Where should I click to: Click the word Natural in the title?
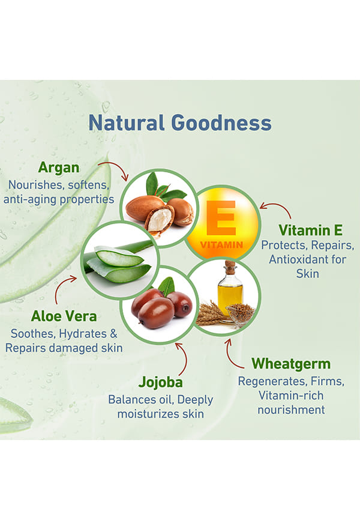pyautogui.click(x=126, y=122)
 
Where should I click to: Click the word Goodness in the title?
pyautogui.click(x=221, y=122)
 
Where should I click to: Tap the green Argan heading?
pyautogui.click(x=59, y=168)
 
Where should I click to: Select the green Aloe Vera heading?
pyautogui.click(x=64, y=316)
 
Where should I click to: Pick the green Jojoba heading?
pyautogui.click(x=160, y=382)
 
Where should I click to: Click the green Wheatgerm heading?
pyautogui.click(x=291, y=364)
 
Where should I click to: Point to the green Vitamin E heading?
pyautogui.click(x=310, y=230)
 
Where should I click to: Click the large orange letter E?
pyautogui.click(x=221, y=218)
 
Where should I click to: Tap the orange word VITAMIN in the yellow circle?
pyautogui.click(x=221, y=245)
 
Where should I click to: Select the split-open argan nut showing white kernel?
pyautogui.click(x=160, y=219)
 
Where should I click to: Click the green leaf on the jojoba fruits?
pyautogui.click(x=167, y=286)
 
